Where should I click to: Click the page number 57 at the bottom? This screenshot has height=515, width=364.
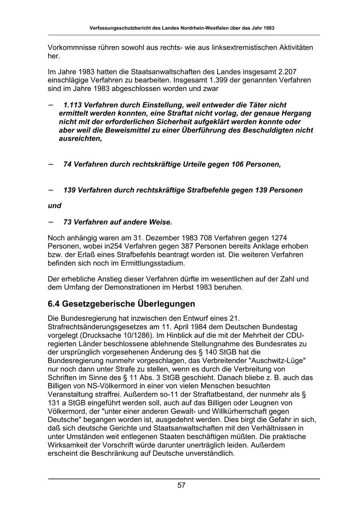182,485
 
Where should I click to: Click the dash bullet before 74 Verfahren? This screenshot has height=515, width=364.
51,164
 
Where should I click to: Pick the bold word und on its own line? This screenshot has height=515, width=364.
55,206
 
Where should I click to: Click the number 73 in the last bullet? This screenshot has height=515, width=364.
68,222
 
